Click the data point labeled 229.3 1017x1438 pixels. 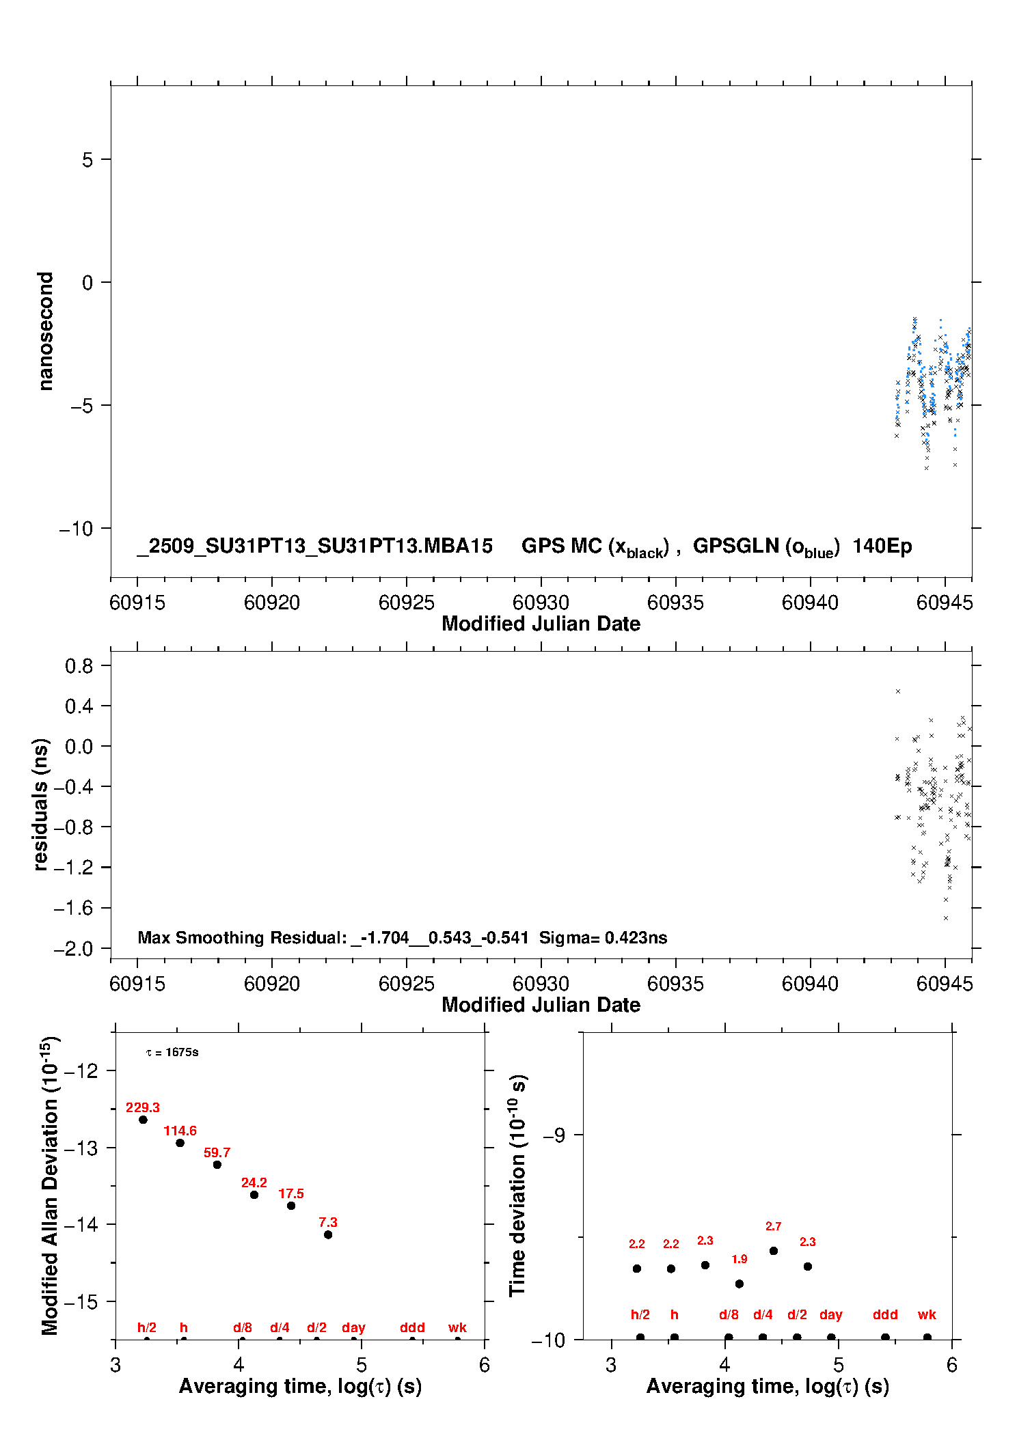143,1120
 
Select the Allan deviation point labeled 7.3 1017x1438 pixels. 328,1234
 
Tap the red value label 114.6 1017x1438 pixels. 180,1131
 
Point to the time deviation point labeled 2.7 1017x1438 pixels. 774,1251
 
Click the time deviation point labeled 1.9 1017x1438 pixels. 739,1284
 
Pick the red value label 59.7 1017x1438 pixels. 217,1152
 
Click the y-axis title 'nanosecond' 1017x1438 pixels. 46,331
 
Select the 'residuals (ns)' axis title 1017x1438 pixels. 41,804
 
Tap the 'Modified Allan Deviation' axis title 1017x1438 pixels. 50,1185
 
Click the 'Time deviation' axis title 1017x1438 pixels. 517,1185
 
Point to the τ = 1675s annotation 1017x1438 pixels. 172,1052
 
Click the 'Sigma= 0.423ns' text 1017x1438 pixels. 603,937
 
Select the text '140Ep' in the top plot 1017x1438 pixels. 882,546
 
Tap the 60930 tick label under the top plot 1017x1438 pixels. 541,603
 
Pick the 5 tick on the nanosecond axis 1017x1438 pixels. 87,160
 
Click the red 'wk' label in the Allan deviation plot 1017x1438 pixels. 457,1327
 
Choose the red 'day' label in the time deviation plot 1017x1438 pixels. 830,1314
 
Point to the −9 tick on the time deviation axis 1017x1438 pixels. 554,1135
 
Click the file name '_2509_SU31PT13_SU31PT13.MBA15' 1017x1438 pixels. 314,546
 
